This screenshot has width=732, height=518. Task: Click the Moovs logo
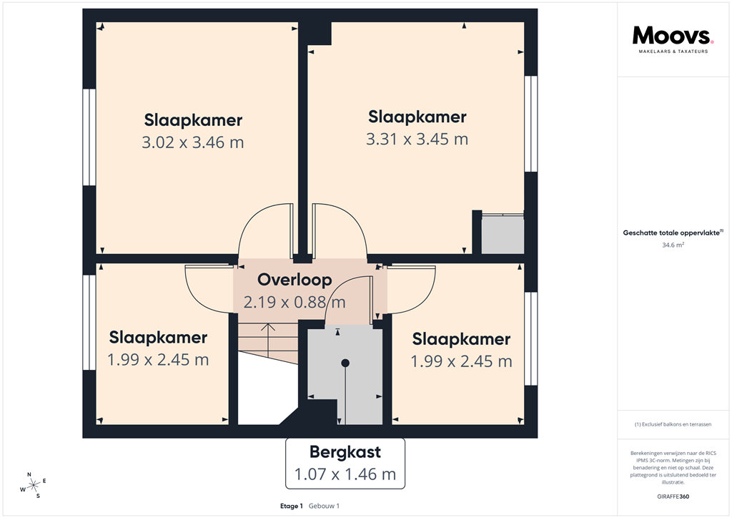673,37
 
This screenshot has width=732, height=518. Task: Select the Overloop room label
295,279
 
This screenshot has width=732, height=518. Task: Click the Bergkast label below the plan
345,452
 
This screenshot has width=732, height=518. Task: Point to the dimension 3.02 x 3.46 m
193,142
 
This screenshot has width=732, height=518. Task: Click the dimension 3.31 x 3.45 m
417,139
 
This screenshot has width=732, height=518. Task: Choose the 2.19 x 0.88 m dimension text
295,302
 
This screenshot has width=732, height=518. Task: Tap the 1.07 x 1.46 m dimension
345,474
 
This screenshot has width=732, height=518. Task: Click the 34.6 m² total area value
673,245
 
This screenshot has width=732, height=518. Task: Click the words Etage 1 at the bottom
292,506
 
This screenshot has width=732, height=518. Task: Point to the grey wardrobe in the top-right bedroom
503,233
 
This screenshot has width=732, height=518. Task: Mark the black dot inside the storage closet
345,363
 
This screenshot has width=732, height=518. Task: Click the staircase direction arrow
267,331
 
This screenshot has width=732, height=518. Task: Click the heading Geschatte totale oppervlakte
673,233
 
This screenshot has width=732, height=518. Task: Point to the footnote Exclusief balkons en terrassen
673,424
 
